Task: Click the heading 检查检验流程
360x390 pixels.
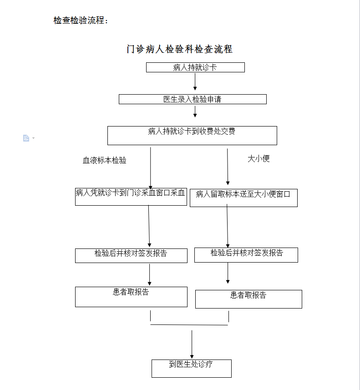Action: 81,20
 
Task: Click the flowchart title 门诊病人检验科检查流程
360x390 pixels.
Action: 179,49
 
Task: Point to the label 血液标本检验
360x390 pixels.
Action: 105,161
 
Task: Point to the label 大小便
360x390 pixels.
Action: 259,159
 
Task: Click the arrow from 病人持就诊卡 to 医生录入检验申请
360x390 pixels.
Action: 195,81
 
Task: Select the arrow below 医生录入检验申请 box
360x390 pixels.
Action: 195,111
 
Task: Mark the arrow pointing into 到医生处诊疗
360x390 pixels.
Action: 192,344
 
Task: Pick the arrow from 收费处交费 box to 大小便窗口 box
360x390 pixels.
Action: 228,167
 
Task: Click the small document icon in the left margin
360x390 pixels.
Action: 26,138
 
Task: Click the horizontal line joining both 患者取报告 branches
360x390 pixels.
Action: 189,325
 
